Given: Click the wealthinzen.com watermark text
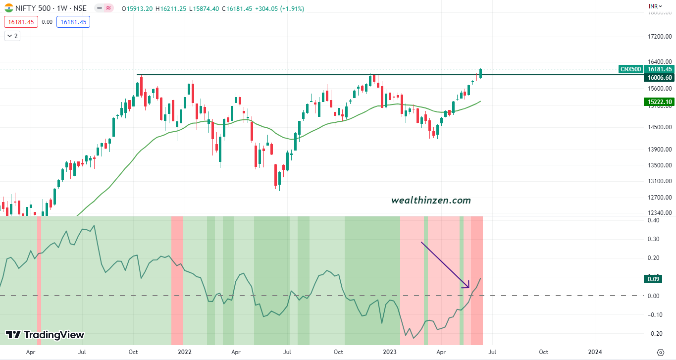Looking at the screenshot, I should click(431, 201).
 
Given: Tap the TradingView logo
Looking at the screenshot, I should click(45, 335).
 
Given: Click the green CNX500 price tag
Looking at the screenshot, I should click(630, 69).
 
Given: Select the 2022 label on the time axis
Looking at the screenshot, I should click(184, 352).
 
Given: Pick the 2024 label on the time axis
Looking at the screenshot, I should click(595, 352).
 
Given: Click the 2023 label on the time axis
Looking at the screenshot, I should click(390, 352).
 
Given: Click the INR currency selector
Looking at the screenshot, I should click(655, 6).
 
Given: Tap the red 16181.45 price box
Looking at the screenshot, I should click(21, 22).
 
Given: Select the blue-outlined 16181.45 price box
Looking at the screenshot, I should click(74, 22).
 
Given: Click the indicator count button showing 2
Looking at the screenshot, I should click(12, 36).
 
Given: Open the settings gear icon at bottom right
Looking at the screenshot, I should click(660, 352).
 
